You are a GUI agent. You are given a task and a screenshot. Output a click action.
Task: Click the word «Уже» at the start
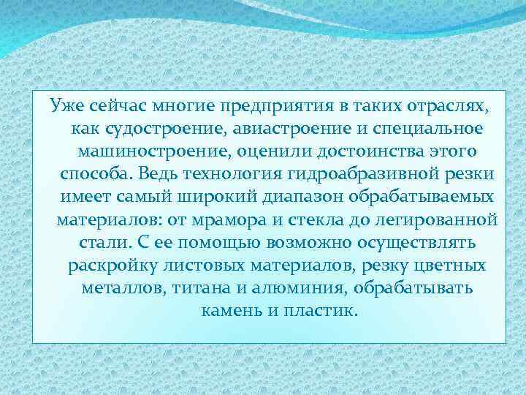tap(64, 107)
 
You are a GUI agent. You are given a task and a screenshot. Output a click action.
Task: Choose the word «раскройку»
tap(107, 266)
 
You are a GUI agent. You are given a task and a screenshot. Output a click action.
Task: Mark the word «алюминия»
tap(281, 288)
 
